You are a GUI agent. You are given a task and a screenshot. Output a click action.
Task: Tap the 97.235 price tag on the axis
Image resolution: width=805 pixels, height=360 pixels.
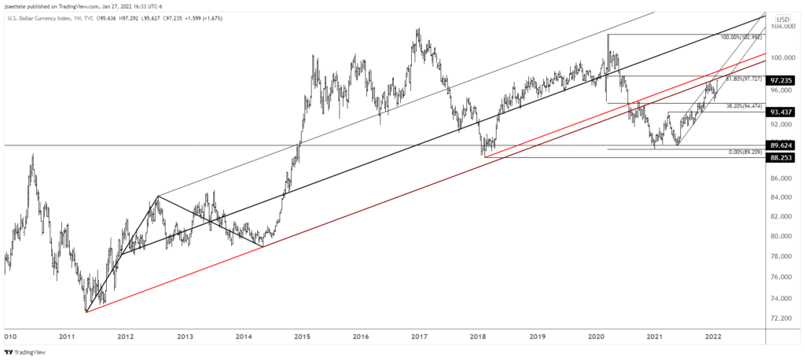point(786,80)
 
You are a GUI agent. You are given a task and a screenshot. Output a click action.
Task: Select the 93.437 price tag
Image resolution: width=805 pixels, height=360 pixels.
point(786,112)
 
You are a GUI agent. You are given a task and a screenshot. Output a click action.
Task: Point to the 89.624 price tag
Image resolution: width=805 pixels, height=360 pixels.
point(786,145)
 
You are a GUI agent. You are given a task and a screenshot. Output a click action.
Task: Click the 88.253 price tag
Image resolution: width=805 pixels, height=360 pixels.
point(786,157)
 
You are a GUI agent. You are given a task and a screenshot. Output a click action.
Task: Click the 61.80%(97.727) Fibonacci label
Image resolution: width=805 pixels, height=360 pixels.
point(744,79)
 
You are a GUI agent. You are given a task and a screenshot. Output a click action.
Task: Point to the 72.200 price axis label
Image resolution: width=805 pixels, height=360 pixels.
point(785,318)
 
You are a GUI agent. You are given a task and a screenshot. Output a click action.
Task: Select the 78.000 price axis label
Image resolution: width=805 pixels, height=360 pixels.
point(785,256)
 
